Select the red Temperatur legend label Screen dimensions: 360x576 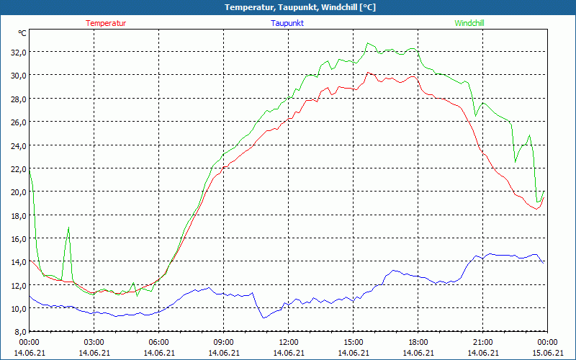click(106, 23)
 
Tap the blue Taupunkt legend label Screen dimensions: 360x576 click(288, 23)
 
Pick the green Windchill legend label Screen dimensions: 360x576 click(469, 23)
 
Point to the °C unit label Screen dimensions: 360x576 click(22, 33)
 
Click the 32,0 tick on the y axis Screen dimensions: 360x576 click(17, 52)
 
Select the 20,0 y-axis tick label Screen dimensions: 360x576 click(17, 192)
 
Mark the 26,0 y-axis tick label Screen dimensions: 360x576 click(17, 122)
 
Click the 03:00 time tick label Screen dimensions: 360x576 click(94, 342)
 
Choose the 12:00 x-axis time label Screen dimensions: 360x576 click(288, 342)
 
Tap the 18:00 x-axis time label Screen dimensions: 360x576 click(418, 342)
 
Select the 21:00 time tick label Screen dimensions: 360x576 click(482, 342)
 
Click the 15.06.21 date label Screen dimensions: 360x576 click(547, 353)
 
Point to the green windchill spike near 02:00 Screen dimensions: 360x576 click(69, 228)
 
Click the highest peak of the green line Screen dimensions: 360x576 click(368, 43)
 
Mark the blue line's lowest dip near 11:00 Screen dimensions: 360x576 click(264, 318)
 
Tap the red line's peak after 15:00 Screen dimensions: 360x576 click(368, 72)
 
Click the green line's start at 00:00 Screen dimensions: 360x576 click(30, 170)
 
